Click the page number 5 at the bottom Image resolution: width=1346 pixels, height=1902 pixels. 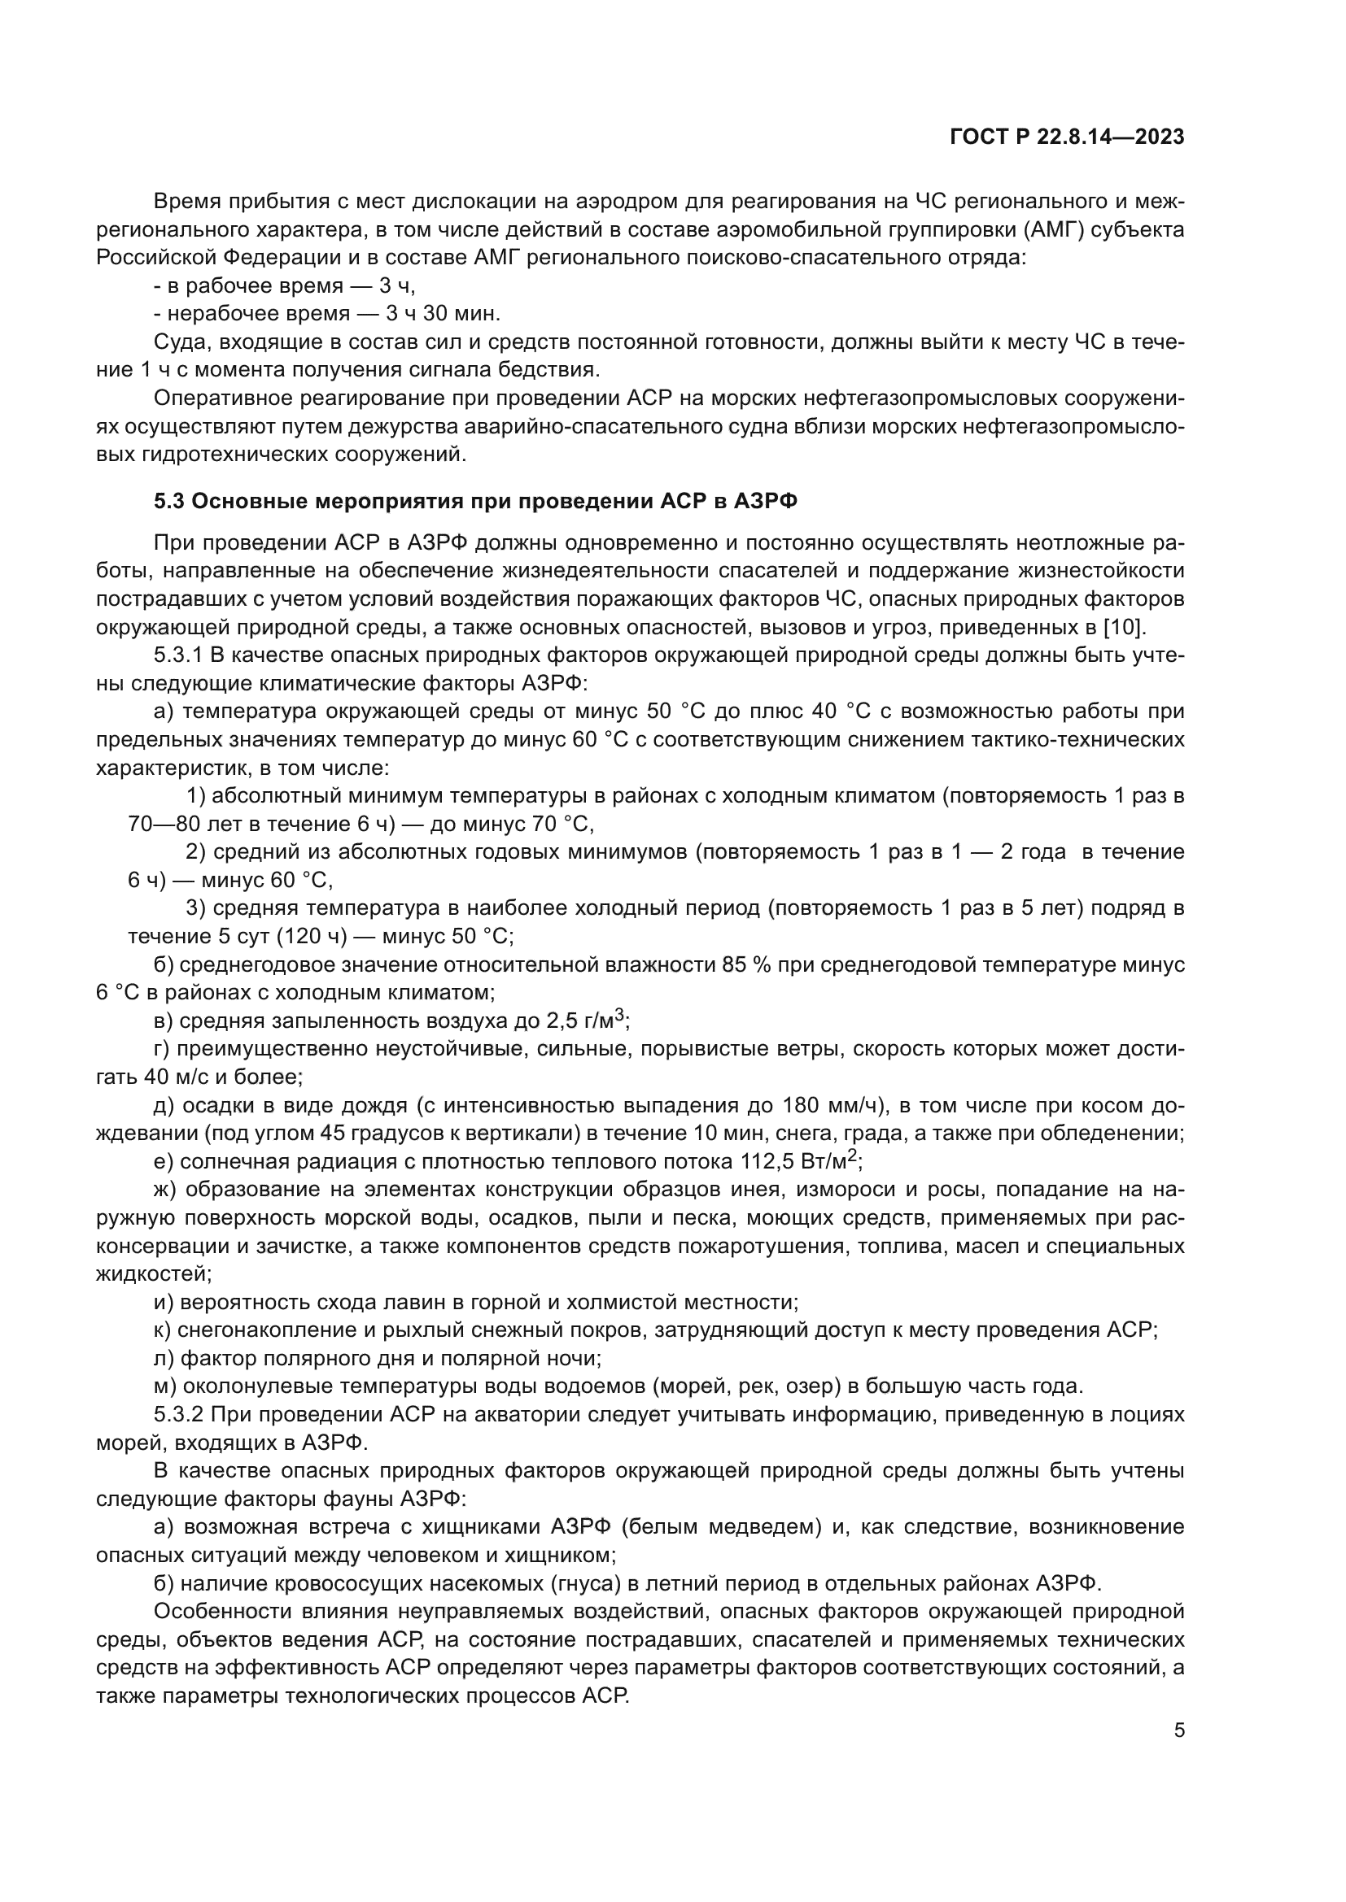pos(1179,1730)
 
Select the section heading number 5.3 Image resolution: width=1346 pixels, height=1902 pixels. pos(171,501)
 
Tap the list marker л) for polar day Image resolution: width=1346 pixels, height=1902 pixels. pos(164,1359)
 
